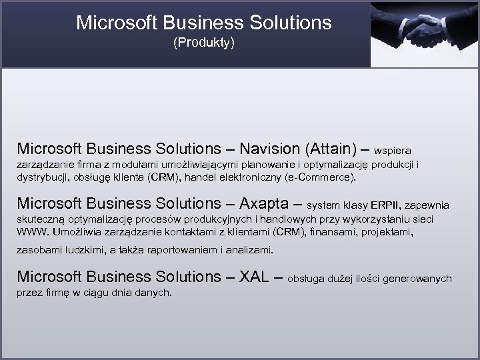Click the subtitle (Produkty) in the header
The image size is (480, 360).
point(203,44)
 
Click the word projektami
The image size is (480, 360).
point(389,234)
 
